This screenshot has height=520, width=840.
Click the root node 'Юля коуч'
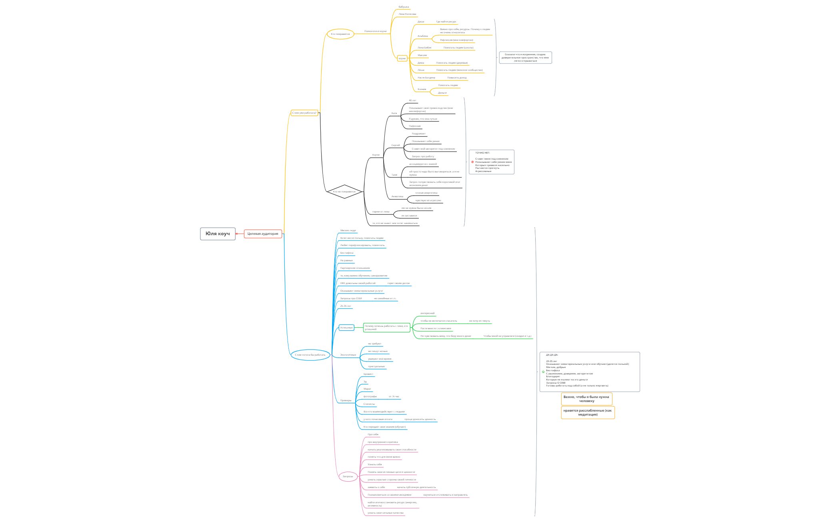tap(218, 234)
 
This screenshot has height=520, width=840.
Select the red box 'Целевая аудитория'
tap(263, 234)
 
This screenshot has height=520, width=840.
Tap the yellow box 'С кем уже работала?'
tap(304, 113)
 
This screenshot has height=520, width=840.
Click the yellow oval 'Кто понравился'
tap(340, 34)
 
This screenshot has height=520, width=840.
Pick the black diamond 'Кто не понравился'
tap(344, 192)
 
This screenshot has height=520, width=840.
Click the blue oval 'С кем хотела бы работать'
tap(310, 355)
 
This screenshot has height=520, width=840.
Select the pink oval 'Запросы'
tap(348, 476)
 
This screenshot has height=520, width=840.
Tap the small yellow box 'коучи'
tap(402, 58)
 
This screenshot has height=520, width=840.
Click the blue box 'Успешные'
tap(346, 328)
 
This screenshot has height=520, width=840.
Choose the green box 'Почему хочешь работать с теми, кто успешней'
tap(386, 328)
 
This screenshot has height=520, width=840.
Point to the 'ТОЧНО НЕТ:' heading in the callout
tap(482, 153)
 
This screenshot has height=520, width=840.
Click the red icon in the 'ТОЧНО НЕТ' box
tap(472, 162)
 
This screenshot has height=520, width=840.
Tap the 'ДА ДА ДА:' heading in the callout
tap(552, 355)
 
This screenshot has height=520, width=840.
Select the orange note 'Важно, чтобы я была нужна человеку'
tap(586, 399)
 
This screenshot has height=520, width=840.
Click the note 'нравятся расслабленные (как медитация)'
tap(588, 412)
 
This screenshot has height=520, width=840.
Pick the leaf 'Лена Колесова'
tap(407, 14)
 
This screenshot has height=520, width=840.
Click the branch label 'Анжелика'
tap(397, 196)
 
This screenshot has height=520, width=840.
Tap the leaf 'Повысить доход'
tap(457, 78)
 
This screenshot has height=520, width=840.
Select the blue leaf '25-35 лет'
tap(346, 306)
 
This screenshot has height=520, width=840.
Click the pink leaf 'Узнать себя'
tap(375, 464)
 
